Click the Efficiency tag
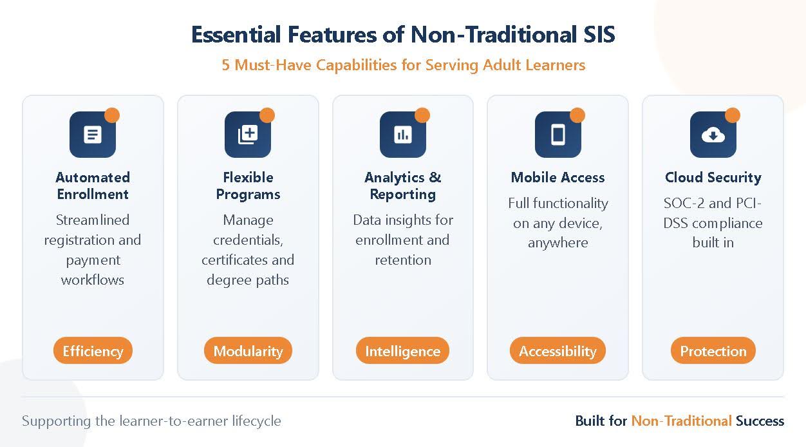pos(93,351)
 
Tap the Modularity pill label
pos(248,351)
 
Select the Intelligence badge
pos(402,351)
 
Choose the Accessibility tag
pos(558,351)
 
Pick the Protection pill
pos(713,351)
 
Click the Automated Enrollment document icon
pos(93,135)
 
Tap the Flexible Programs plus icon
pos(248,135)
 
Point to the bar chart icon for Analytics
pos(403,135)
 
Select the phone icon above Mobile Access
pos(558,135)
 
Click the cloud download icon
pos(713,135)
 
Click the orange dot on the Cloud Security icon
pos(732,115)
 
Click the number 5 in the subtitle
pos(226,65)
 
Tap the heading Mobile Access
pos(558,177)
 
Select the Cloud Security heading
pos(713,177)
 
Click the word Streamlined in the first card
pos(93,220)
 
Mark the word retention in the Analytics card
pos(403,260)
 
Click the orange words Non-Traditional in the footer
pos(681,421)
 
